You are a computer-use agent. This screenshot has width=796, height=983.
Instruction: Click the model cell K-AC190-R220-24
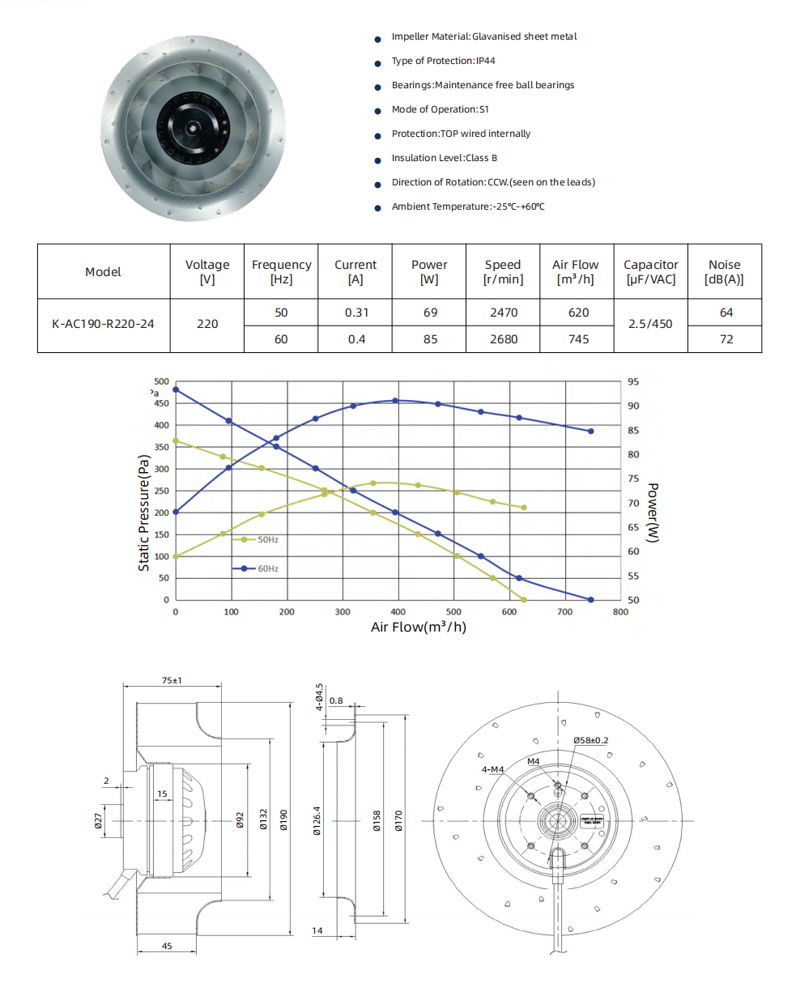103,324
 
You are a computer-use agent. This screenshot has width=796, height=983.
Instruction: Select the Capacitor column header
650,272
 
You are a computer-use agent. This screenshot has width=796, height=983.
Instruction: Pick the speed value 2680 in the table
504,339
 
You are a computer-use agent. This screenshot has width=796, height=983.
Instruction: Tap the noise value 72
726,339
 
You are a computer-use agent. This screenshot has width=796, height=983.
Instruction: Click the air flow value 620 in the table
578,313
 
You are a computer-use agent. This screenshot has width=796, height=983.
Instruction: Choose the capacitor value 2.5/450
650,324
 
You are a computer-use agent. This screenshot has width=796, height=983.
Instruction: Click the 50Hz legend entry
258,539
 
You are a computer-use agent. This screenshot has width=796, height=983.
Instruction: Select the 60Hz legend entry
258,568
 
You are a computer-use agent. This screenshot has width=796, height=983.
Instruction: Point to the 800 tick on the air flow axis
620,612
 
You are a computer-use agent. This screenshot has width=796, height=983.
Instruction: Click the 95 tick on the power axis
632,381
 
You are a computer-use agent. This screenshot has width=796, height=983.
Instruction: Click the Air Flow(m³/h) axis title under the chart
419,627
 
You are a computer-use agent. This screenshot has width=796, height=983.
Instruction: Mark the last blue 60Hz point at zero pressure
590,600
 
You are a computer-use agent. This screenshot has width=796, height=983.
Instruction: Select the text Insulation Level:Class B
444,158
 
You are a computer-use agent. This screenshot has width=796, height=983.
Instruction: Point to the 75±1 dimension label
171,681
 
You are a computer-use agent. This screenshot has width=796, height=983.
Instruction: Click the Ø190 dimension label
284,821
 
